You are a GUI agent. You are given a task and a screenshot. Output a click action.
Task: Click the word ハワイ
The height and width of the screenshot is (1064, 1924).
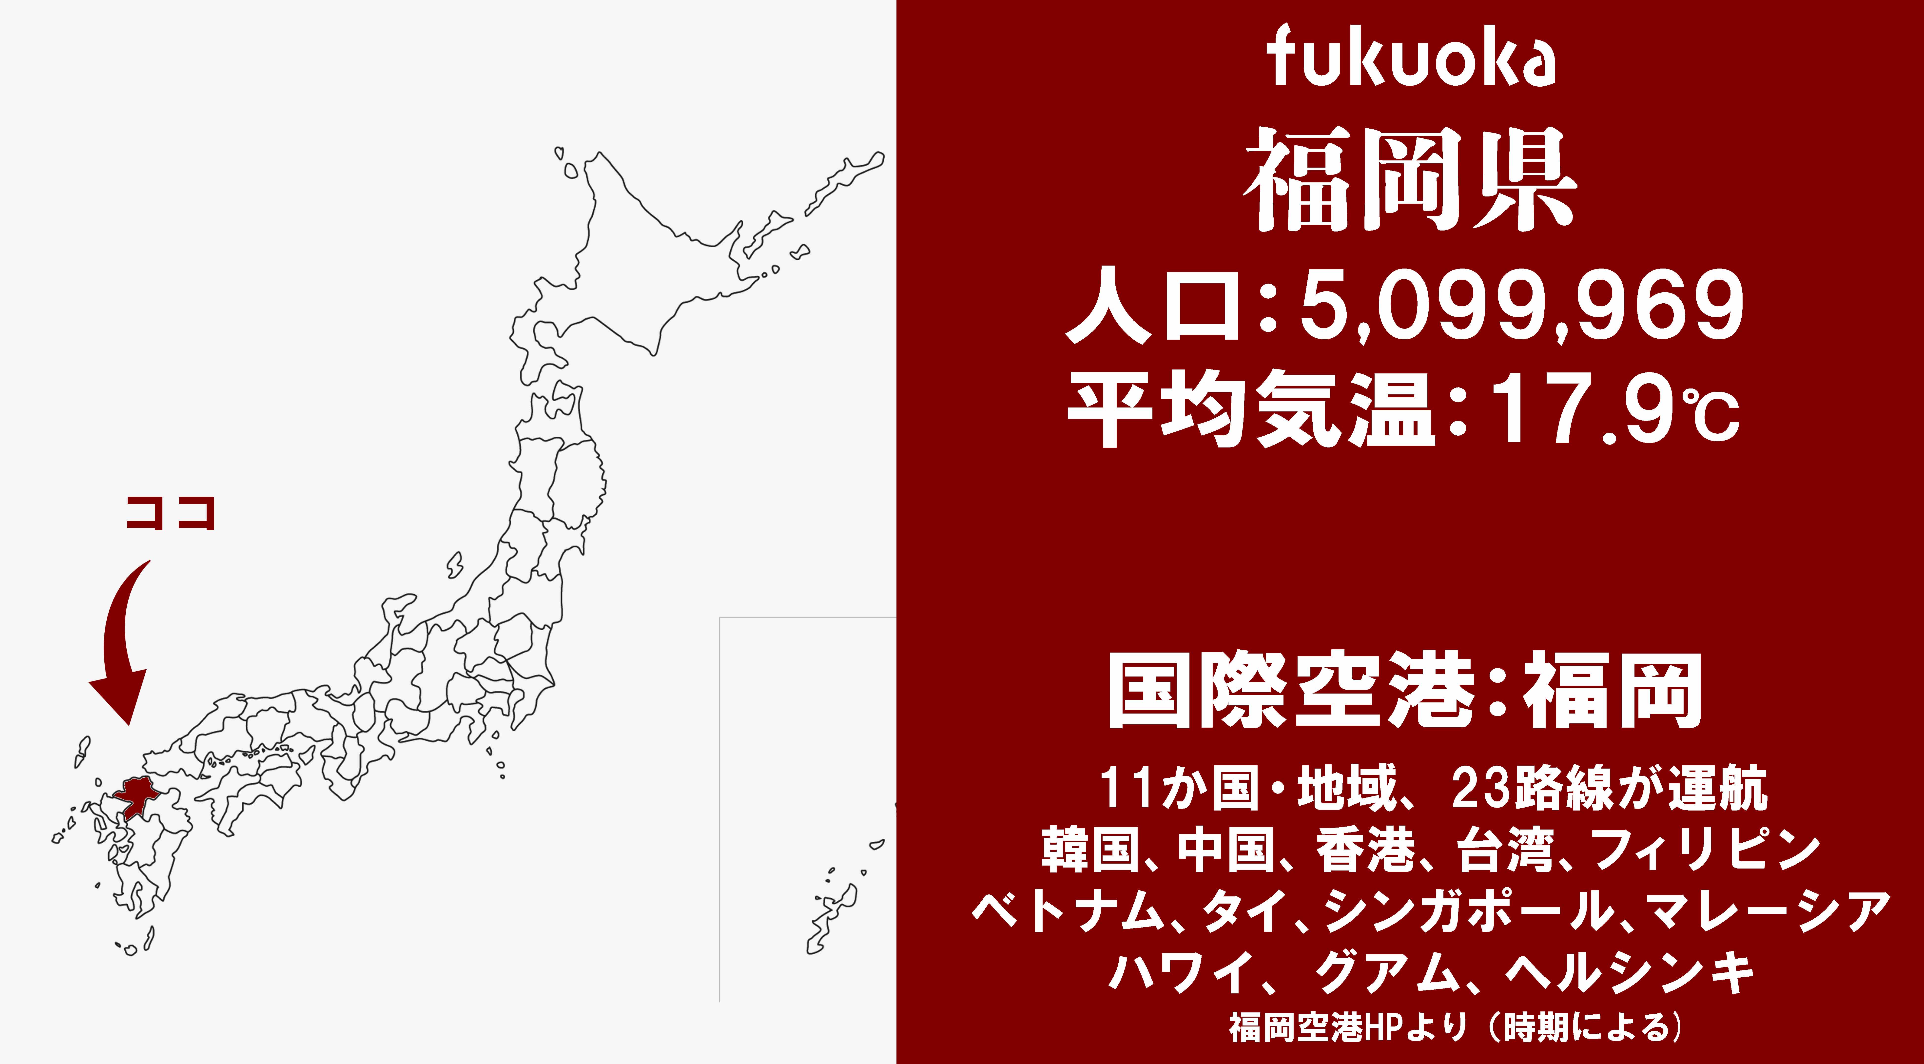(x=1180, y=972)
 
